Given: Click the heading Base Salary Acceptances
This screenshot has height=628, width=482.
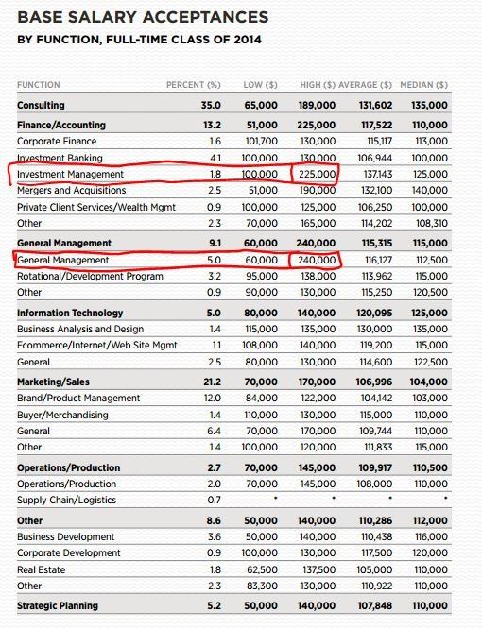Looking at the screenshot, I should tap(143, 17).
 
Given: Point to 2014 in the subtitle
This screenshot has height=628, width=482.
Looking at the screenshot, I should tap(247, 40).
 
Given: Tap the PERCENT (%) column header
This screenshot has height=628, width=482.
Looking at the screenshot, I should tap(193, 85).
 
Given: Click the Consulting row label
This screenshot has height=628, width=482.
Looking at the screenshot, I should tap(41, 105).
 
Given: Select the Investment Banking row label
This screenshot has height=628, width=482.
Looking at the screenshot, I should tap(60, 158).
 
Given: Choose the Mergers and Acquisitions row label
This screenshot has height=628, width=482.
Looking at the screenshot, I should tap(71, 191).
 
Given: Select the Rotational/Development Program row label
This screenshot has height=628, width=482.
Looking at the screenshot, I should tap(90, 276).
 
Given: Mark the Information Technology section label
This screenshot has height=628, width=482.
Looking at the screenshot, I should tap(70, 313).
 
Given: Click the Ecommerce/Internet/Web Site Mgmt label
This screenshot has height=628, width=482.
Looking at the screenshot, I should tap(96, 346).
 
